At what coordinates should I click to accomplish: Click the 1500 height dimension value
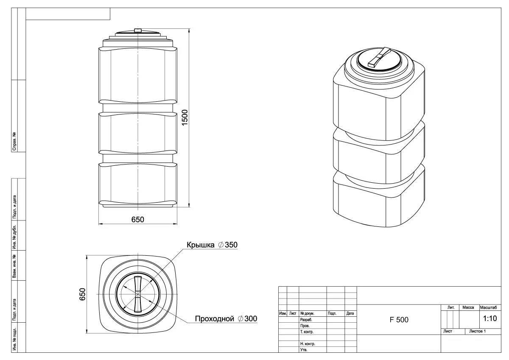point(185,117)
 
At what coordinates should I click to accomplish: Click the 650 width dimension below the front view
point(138,219)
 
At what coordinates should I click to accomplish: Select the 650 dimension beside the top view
point(82,294)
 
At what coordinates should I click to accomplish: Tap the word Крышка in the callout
point(200,245)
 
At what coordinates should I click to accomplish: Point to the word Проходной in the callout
point(215,319)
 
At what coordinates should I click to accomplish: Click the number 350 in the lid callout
point(231,245)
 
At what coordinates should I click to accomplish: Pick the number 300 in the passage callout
point(251,318)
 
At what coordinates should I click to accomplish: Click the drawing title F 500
point(399,320)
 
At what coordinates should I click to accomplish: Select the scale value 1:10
point(490,318)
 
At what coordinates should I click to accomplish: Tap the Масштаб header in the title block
point(488,307)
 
